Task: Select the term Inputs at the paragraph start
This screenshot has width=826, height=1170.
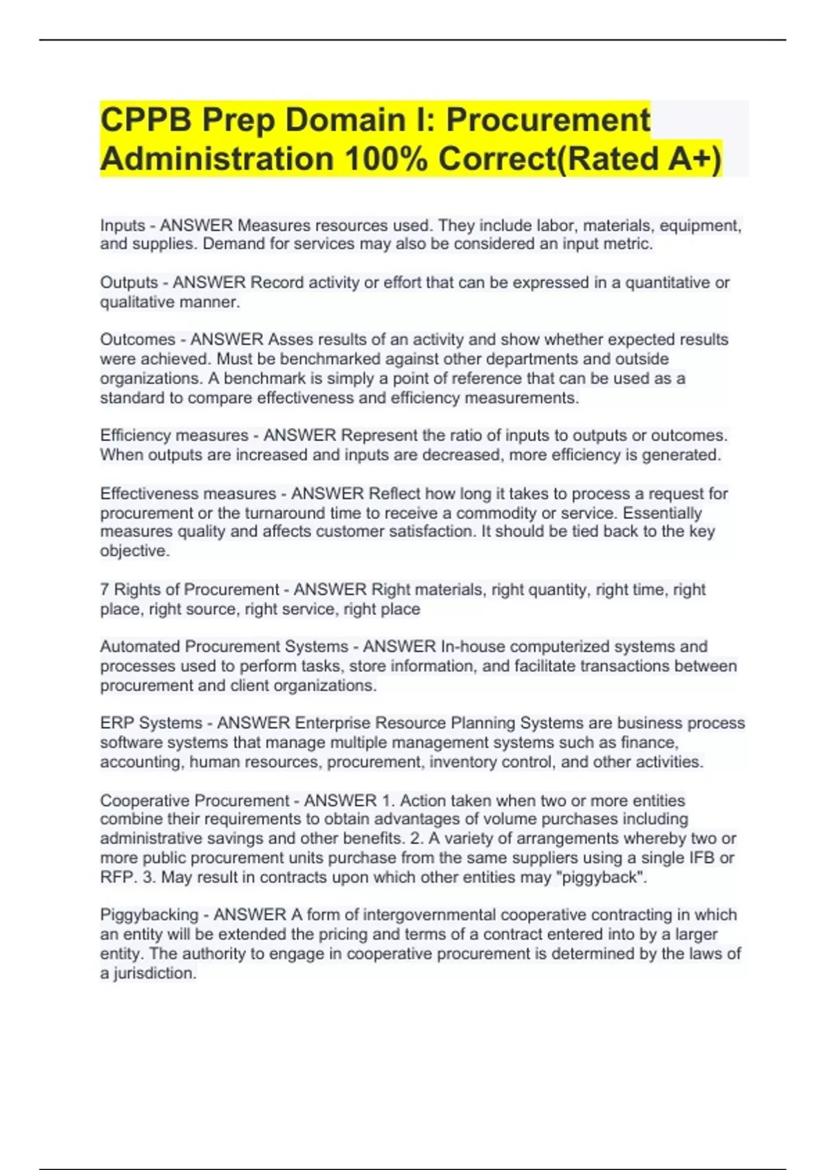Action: point(123,226)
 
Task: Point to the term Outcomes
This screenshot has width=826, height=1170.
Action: point(138,340)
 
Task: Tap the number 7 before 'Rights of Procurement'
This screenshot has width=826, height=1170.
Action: point(105,590)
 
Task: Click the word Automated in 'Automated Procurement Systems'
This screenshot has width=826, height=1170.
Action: point(140,647)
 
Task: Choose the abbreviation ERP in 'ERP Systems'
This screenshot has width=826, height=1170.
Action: point(116,723)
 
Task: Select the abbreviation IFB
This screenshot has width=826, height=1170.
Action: point(701,858)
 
